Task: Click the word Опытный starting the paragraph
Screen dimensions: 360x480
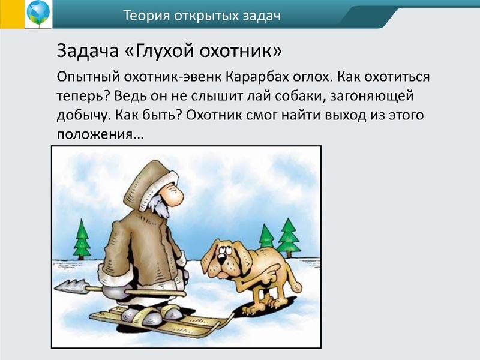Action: (89, 77)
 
